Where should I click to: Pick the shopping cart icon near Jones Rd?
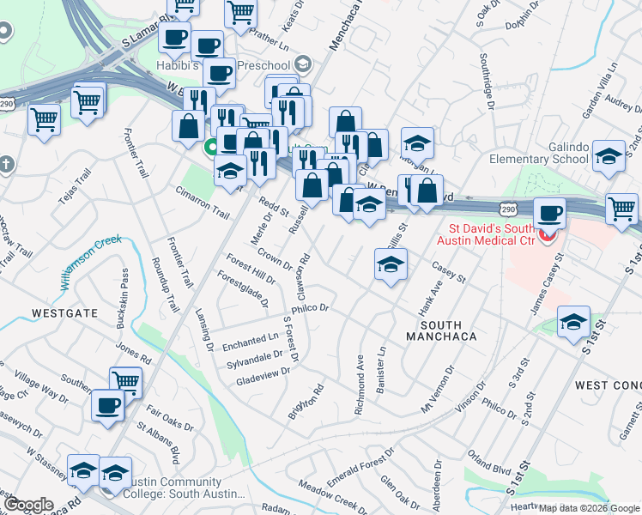(x=126, y=381)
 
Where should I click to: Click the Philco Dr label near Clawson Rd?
(x=311, y=307)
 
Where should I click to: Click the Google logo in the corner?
(x=28, y=505)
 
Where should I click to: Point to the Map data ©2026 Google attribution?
(x=589, y=508)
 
